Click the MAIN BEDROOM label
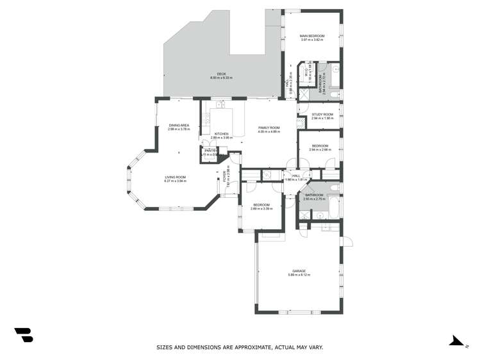(x=313, y=36)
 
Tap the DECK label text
(x=221, y=74)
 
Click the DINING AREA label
(x=179, y=125)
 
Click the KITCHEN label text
(x=221, y=134)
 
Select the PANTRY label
(x=211, y=151)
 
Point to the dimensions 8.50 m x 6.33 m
(x=221, y=78)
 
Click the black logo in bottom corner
(x=23, y=334)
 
